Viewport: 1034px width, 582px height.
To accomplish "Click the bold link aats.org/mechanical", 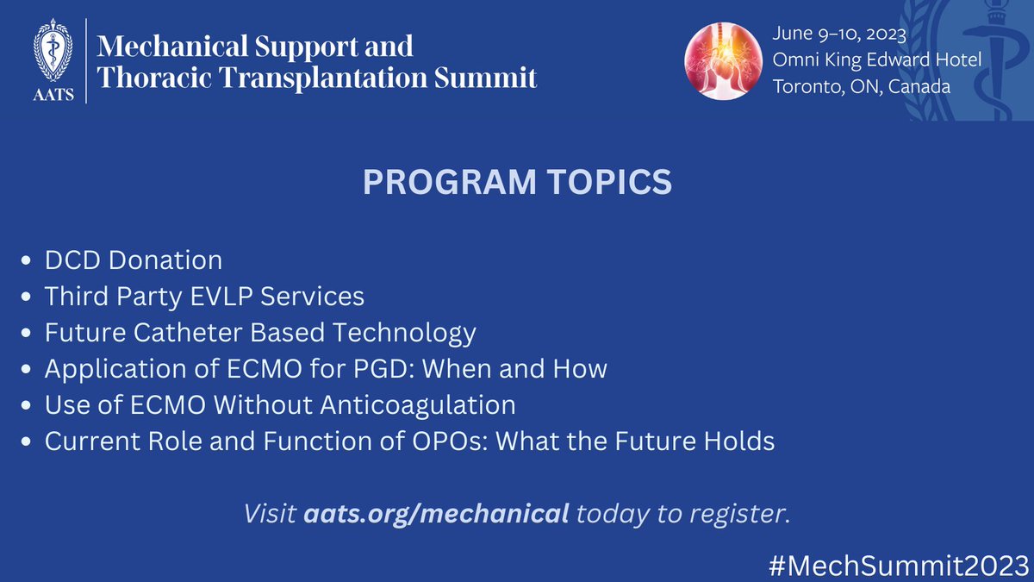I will pos(437,514).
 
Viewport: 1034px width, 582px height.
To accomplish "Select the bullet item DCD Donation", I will pos(134,260).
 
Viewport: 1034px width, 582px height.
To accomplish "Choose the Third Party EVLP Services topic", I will pos(204,296).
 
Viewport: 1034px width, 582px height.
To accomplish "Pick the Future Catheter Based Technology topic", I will pos(260,332).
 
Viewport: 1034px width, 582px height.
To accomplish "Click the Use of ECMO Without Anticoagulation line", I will pos(280,405).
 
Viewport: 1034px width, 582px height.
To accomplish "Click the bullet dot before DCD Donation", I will pos(28,261).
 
